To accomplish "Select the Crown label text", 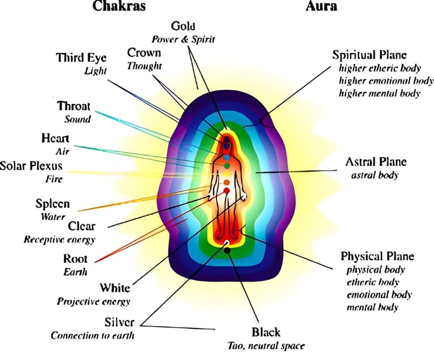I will click(x=144, y=53).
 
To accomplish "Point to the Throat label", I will click(x=73, y=106).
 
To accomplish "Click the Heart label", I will click(x=55, y=138).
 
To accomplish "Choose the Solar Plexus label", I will click(x=31, y=166).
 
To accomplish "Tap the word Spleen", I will click(x=53, y=204).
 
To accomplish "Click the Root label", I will click(x=75, y=259).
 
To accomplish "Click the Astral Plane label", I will click(x=376, y=162).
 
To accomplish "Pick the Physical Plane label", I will click(x=377, y=256).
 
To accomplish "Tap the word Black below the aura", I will click(x=266, y=332).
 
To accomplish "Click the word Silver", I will click(x=119, y=322).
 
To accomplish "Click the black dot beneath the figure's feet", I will click(x=227, y=250).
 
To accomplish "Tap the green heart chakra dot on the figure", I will click(x=227, y=167).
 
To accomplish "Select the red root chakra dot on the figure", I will click(x=227, y=191).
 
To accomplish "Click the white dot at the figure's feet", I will click(x=227, y=242).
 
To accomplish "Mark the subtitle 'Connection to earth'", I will click(x=93, y=335).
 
